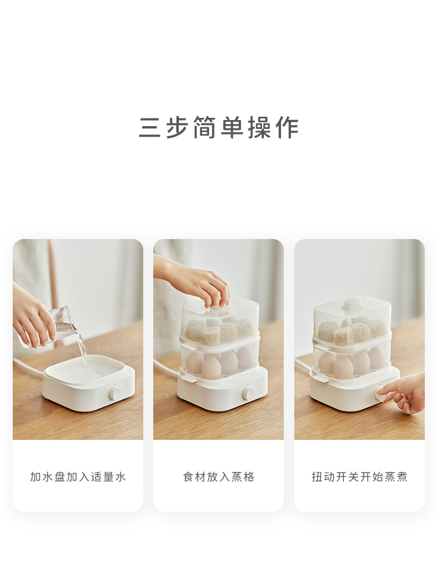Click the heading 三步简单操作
[218, 128]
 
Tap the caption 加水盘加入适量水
[78, 477]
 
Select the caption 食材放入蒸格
[218, 477]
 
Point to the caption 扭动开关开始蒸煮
[359, 477]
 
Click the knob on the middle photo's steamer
[249, 393]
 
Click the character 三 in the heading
[150, 128]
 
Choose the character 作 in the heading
[287, 128]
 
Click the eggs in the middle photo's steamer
[220, 363]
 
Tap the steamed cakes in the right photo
[351, 331]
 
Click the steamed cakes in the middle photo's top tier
[218, 331]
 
